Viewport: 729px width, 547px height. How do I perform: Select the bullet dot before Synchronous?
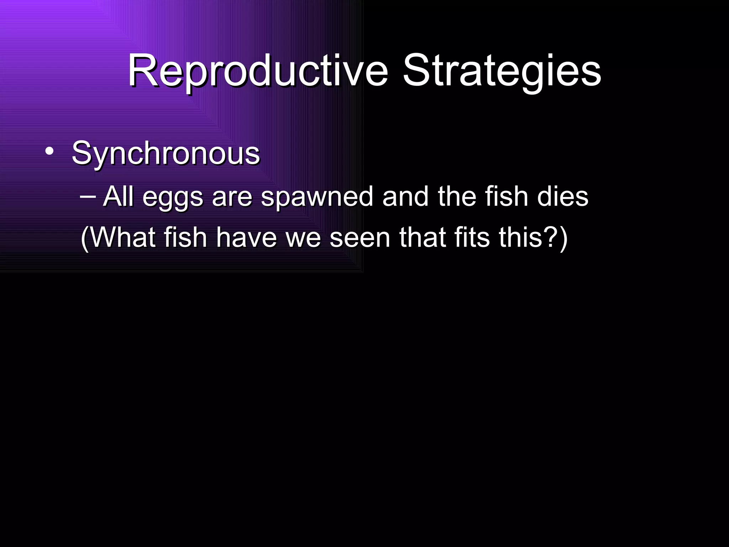(49, 152)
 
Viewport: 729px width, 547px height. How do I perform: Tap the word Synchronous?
(166, 154)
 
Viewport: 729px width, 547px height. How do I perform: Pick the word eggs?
(173, 198)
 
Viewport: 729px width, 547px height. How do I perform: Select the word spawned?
(317, 198)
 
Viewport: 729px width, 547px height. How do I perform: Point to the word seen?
(360, 238)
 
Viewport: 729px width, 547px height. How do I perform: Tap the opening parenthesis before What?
(85, 239)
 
